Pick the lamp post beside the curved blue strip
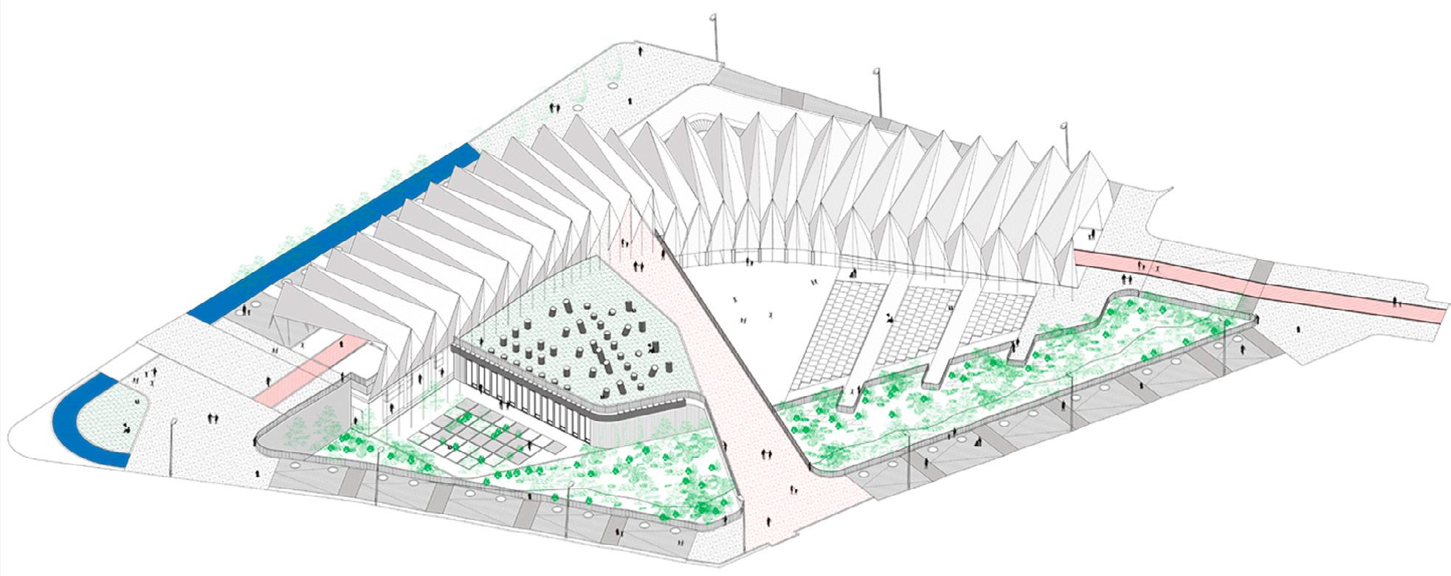pos(172,446)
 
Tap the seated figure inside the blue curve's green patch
pos(127,427)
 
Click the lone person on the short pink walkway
pos(267,381)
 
